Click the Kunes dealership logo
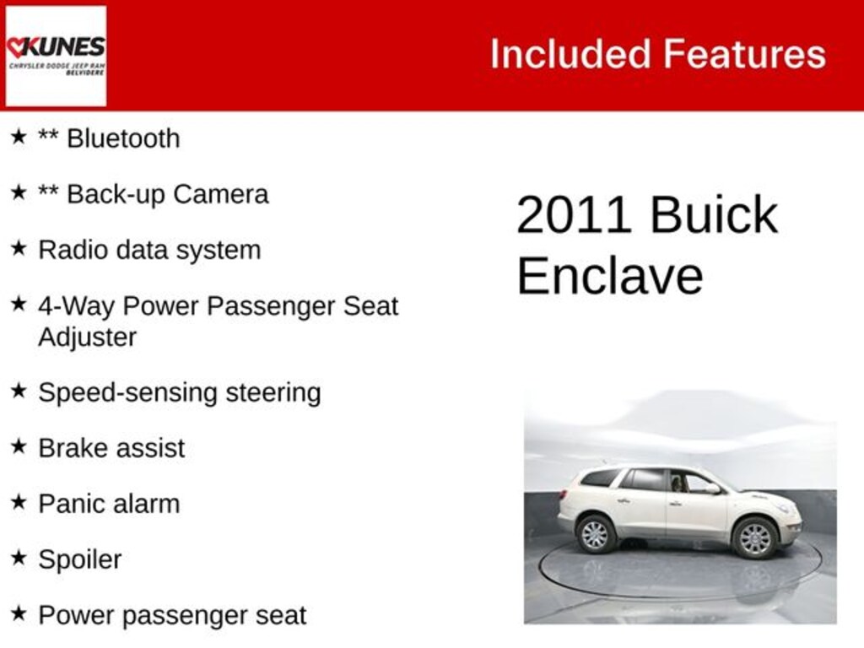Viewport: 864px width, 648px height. [x=56, y=56]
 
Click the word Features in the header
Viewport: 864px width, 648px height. [x=744, y=55]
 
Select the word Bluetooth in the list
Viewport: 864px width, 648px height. [x=123, y=138]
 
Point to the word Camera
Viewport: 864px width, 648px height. [x=221, y=195]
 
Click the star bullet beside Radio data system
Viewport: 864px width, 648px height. [x=19, y=248]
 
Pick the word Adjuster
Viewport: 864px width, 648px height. [x=87, y=337]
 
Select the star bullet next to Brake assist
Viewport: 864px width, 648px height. [x=19, y=446]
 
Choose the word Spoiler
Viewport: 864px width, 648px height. [x=79, y=559]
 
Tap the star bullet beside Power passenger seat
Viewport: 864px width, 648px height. [x=19, y=613]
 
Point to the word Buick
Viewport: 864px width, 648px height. [x=714, y=215]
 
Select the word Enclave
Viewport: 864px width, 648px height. [x=609, y=276]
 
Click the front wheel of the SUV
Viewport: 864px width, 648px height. [x=754, y=537]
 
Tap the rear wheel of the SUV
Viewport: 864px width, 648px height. [x=596, y=533]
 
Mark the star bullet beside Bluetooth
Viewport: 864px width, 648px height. [x=19, y=137]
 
